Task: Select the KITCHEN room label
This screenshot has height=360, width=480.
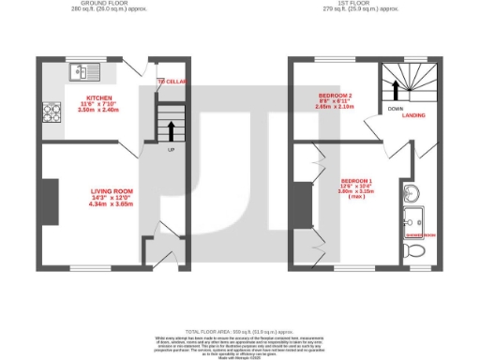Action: point(98,97)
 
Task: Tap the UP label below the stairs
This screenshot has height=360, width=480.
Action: point(171,150)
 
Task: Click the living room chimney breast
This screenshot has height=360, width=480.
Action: point(45,201)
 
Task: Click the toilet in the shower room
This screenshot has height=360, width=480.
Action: point(412,252)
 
